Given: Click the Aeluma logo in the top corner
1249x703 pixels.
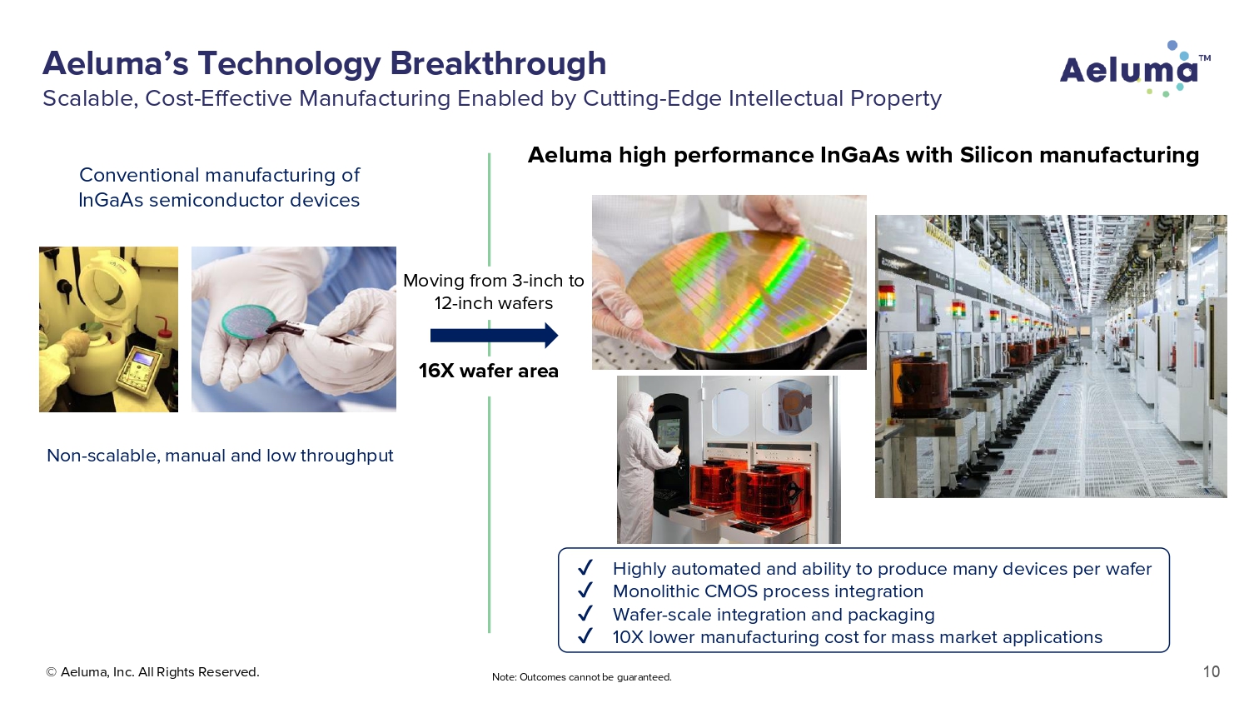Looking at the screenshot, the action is coord(1135,69).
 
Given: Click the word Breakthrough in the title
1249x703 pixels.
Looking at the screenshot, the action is coord(498,63).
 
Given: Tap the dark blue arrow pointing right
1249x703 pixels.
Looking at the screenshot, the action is coord(494,336).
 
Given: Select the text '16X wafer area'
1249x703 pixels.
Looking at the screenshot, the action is coord(489,371).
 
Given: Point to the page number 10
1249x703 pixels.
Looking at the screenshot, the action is coord(1211,671).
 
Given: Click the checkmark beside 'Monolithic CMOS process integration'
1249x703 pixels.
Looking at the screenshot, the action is coord(585,591).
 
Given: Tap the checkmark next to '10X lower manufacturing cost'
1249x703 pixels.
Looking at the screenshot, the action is coord(585,636).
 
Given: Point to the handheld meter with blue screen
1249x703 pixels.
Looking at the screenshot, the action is coord(139,369).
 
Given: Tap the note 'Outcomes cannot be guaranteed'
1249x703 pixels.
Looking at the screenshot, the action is coord(581,677).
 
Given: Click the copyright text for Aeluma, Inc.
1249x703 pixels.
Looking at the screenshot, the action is coord(152,671).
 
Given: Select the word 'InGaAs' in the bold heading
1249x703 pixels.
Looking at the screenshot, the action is coord(860,155).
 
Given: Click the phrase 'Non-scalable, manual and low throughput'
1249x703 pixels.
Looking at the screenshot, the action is coord(221,456).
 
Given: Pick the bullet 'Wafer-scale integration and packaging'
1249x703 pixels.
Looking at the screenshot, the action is coord(774,614).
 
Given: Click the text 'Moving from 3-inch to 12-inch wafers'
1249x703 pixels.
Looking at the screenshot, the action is coord(494,292).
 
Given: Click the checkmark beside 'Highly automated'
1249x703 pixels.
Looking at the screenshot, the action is coord(585,568).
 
